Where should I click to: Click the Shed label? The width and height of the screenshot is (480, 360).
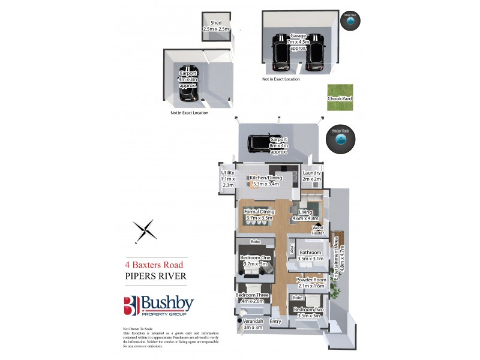pyautogui.click(x=216, y=26)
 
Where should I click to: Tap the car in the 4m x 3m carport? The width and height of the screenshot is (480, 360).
pyautogui.click(x=188, y=83)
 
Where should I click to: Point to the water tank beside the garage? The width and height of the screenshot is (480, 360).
pyautogui.click(x=350, y=20)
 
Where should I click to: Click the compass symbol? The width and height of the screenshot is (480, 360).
pyautogui.click(x=145, y=231)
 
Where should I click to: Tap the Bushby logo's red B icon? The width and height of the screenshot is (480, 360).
pyautogui.click(x=131, y=305)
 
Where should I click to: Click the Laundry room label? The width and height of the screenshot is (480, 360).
pyautogui.click(x=312, y=176)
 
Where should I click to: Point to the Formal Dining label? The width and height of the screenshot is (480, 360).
pyautogui.click(x=259, y=215)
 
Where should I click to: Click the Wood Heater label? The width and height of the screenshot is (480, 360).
pyautogui.click(x=318, y=230)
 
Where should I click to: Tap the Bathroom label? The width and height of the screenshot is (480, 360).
pyautogui.click(x=311, y=256)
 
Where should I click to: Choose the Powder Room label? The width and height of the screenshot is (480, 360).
pyautogui.click(x=311, y=283)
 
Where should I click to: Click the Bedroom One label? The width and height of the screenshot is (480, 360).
pyautogui.click(x=254, y=260)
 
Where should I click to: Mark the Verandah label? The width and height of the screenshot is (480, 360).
pyautogui.click(x=254, y=324)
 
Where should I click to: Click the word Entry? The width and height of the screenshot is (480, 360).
pyautogui.click(x=275, y=322)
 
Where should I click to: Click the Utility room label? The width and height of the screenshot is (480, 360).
pyautogui.click(x=227, y=178)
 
